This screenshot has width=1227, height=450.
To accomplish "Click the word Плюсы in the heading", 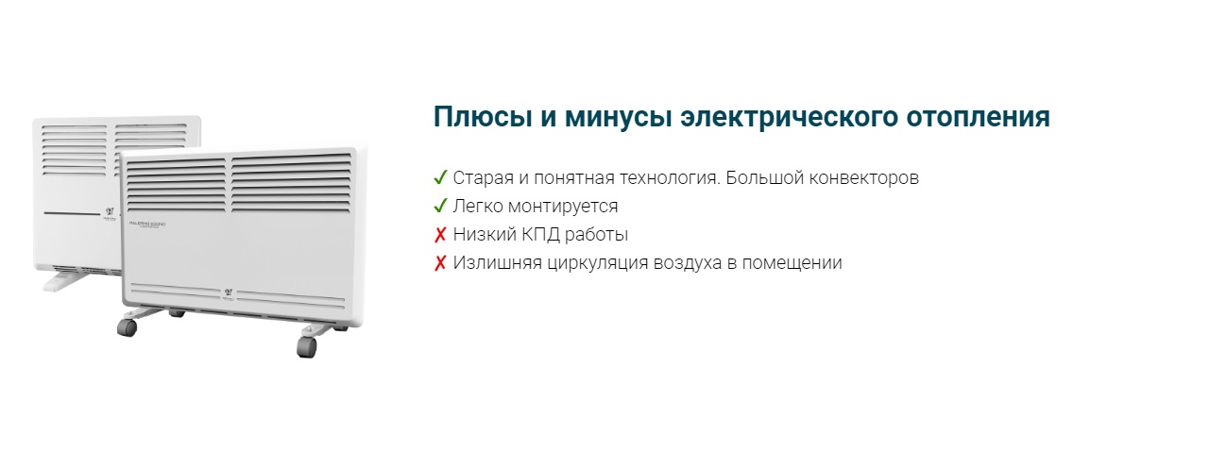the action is point(482,117).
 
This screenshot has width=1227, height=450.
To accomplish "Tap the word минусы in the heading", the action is point(618,117).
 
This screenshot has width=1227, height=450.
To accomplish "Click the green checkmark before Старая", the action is point(440,177).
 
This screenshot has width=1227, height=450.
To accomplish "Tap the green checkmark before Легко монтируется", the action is point(440,206).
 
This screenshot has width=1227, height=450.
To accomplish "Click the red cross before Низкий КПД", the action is point(440,235).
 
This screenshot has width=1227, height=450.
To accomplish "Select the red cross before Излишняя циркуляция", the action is point(440,263).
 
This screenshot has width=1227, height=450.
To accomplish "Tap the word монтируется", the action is point(563,207).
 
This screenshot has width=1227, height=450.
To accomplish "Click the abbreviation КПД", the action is point(540,235).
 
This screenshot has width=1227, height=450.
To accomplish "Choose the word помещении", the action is point(792,263).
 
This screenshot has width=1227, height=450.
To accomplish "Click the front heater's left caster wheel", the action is point(128,327).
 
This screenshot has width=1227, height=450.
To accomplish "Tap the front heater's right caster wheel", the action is point(307,347).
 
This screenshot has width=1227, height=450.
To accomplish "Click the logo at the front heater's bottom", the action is point(229,293).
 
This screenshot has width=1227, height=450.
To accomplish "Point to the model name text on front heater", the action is point(147,225).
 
